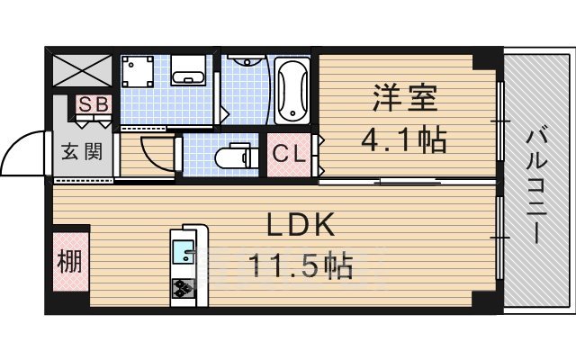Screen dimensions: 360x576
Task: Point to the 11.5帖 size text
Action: [x=301, y=266]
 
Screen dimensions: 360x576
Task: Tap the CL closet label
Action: [x=289, y=154]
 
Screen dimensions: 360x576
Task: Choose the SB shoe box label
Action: [x=93, y=103]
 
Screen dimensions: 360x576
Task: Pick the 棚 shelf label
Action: [x=70, y=262]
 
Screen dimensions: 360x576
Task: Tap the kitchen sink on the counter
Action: [x=184, y=248]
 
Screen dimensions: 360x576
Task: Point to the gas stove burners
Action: [x=184, y=288]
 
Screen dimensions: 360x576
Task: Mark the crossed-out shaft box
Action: [x=82, y=70]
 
